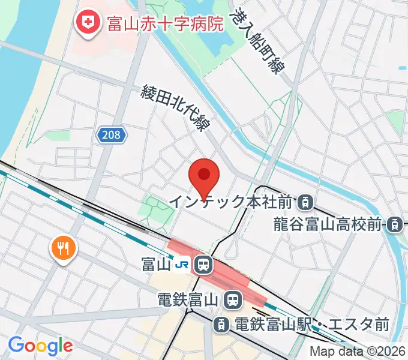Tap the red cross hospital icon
point(88,23)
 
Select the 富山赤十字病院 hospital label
point(164,23)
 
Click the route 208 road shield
point(112,136)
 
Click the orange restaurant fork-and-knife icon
point(62,246)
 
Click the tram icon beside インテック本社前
point(306,202)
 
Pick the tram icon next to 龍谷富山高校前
point(394,225)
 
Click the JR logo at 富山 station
point(182,263)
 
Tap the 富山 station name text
point(155,263)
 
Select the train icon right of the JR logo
point(203,263)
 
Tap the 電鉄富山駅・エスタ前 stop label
point(311,325)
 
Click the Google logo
point(40,346)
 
